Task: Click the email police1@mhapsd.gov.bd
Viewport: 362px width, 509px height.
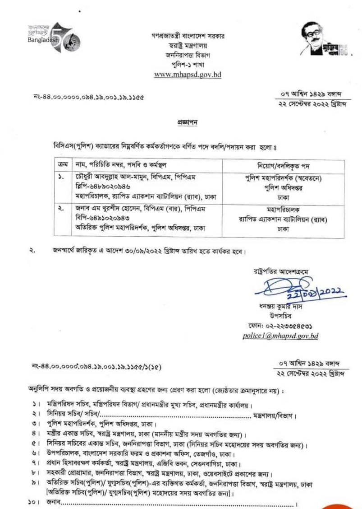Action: [x=280, y=336]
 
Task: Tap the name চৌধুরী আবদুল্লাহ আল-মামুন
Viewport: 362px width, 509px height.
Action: [x=99, y=176]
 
